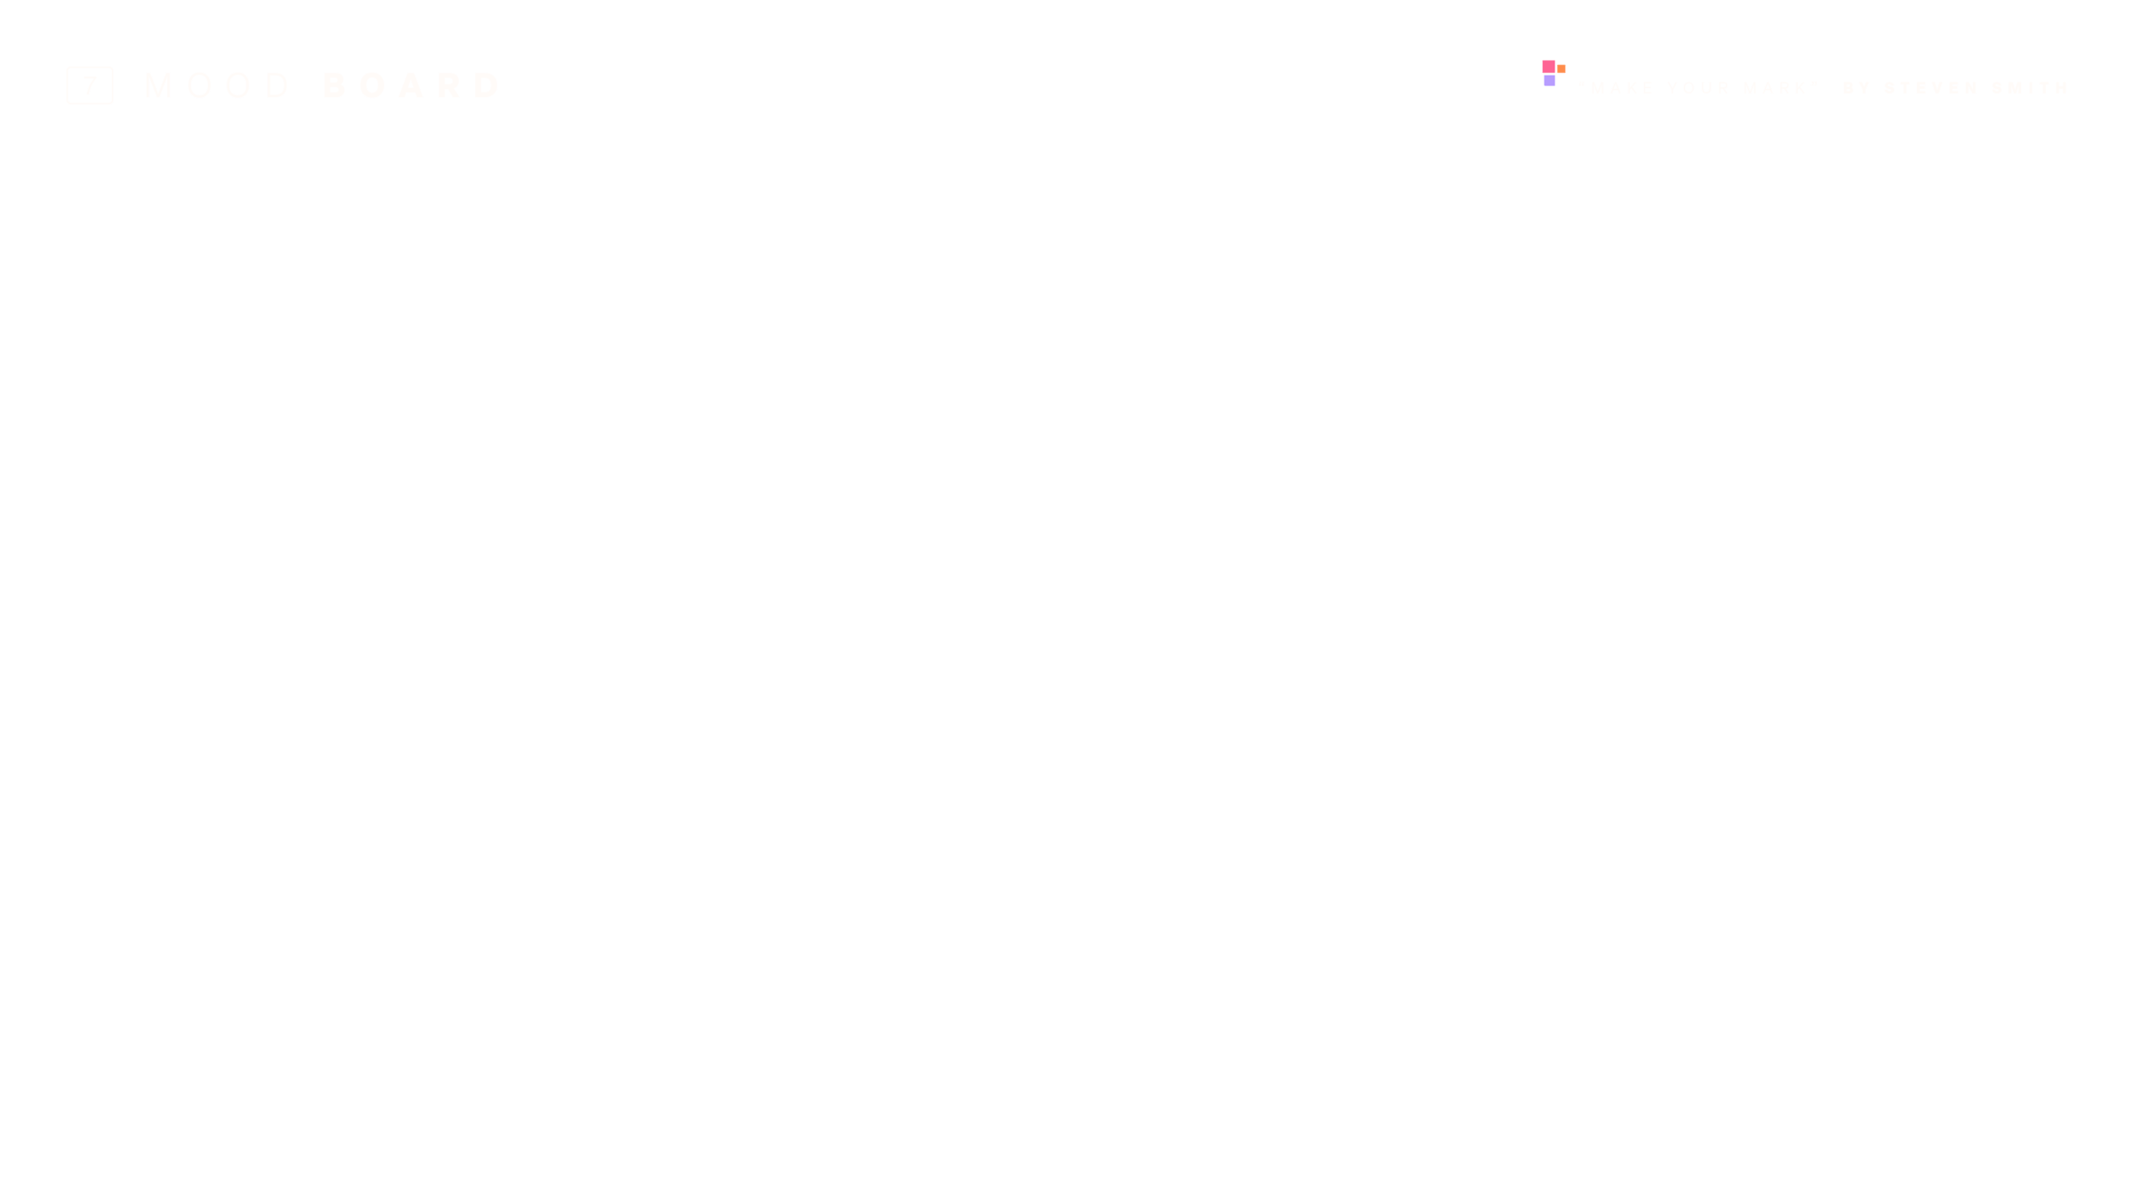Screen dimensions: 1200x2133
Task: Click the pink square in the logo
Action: click(x=1548, y=68)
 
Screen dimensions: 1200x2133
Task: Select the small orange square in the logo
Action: click(x=1561, y=69)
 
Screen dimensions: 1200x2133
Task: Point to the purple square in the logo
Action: click(x=1549, y=81)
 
